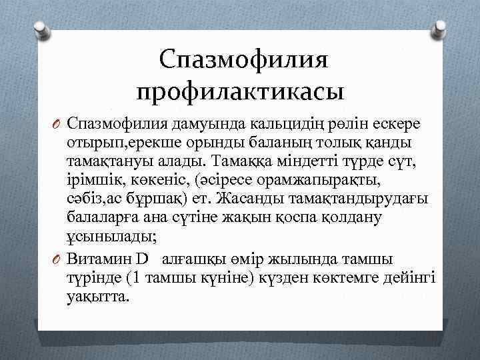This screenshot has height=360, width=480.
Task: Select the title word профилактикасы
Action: click(x=241, y=89)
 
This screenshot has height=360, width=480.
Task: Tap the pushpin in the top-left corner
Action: click(x=41, y=27)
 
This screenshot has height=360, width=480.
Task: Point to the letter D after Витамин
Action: click(x=145, y=259)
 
